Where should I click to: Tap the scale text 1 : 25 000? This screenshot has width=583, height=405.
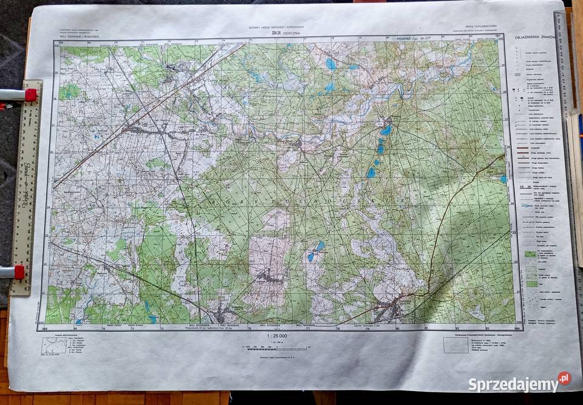coord(276,335)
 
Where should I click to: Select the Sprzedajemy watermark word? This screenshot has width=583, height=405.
coord(513,384)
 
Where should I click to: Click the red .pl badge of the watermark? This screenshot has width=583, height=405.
coord(564,378)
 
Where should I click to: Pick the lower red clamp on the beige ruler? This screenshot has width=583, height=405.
coord(18,272)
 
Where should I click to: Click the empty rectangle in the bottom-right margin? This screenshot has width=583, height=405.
coord(455,345)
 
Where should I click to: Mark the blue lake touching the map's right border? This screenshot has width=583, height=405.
coord(503,179)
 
